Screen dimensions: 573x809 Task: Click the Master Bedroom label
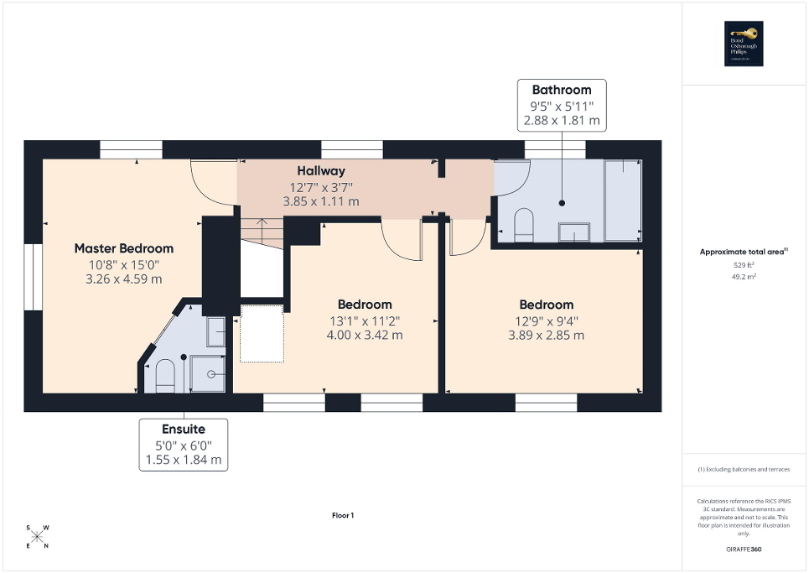coord(124,248)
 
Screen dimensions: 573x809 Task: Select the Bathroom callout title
coord(561,90)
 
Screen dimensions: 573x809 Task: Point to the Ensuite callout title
coord(184,429)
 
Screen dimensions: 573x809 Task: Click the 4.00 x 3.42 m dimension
coord(365,335)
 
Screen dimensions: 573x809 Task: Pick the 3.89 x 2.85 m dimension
coord(546,335)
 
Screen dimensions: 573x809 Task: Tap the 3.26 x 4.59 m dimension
coord(124,279)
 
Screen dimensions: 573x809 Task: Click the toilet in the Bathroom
coord(524,225)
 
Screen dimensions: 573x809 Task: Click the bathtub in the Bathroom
coord(622,200)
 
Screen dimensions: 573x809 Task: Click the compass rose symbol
coord(38,537)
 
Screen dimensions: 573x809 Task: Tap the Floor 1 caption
coord(343,515)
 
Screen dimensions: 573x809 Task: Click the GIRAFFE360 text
coord(745,549)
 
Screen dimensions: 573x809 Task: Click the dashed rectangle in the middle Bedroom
coord(262,334)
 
